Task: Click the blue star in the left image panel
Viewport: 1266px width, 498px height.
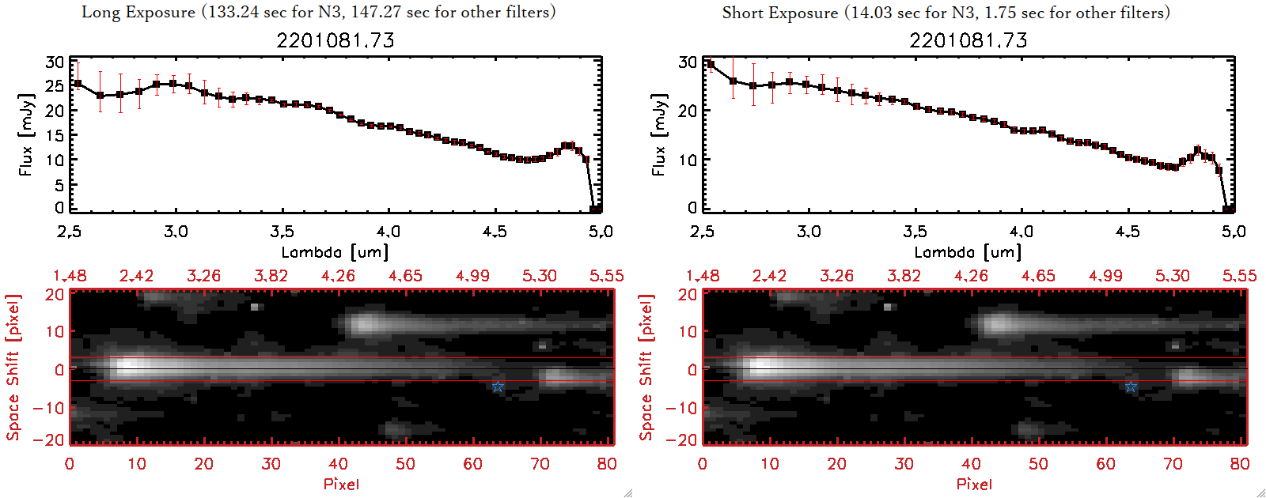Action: click(x=498, y=387)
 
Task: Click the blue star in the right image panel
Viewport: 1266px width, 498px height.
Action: click(x=1131, y=387)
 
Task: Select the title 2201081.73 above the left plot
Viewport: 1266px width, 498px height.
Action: click(x=335, y=40)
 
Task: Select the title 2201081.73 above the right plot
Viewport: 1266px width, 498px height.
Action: click(x=968, y=40)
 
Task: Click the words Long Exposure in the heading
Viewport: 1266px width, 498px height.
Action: click(x=138, y=13)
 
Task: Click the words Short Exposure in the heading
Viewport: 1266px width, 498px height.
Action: click(x=779, y=13)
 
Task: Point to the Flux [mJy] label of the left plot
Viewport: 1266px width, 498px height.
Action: click(x=27, y=135)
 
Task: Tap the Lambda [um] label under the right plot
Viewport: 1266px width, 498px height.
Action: click(x=968, y=252)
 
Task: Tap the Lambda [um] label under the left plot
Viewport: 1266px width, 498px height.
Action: click(x=335, y=252)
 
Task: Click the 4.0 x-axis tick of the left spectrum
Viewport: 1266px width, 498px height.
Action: click(x=388, y=232)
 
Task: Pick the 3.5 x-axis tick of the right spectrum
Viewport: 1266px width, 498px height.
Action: click(x=915, y=232)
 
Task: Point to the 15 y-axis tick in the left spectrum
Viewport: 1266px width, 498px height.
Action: click(x=54, y=135)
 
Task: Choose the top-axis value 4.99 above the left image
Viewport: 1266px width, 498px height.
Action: click(x=472, y=276)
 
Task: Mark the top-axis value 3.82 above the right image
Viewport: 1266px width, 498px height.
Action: click(x=904, y=276)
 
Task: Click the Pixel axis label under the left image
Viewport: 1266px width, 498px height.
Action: click(x=341, y=484)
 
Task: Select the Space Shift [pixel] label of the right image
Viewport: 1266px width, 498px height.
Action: click(x=646, y=368)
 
